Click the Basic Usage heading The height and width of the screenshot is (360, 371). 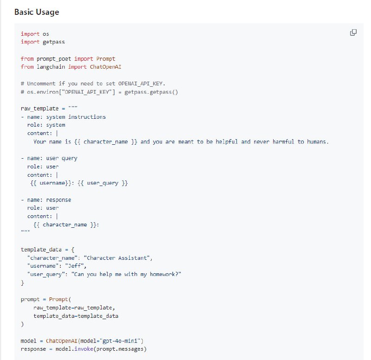[x=37, y=12]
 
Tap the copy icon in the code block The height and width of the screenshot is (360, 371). [x=353, y=32]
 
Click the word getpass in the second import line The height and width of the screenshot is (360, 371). [x=54, y=42]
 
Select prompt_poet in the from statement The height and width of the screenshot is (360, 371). [x=54, y=59]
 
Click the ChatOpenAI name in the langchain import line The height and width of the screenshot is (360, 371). [x=106, y=67]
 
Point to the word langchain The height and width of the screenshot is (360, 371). [x=51, y=67]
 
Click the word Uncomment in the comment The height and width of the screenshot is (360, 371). [x=41, y=84]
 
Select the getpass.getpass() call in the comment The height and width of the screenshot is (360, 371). [x=151, y=92]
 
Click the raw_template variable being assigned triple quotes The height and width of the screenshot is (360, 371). [x=39, y=109]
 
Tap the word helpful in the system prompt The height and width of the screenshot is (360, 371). [x=227, y=142]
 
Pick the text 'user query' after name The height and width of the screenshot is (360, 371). [x=62, y=158]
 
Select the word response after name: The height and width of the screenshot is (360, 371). [x=59, y=200]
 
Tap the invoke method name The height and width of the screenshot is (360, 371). [x=84, y=349]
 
